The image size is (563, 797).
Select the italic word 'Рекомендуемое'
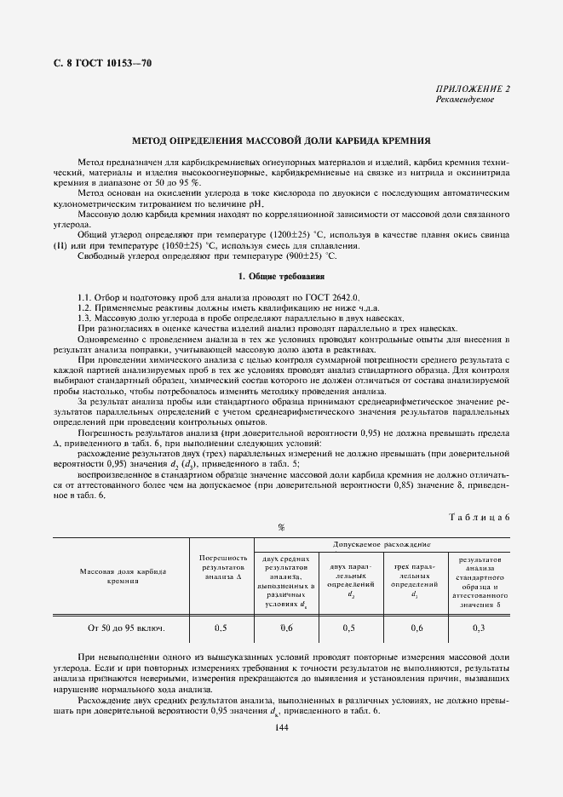click(465, 100)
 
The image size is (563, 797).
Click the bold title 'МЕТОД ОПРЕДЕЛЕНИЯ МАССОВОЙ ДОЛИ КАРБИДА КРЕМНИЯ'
click(280, 140)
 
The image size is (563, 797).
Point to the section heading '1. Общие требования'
click(280, 277)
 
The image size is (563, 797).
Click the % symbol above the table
click(280, 528)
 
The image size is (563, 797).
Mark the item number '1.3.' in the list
click(84, 317)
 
